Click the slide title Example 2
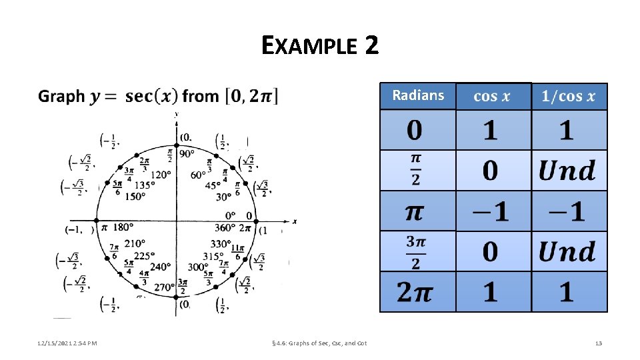pos(320,45)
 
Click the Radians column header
pos(418,95)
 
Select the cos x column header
pos(492,97)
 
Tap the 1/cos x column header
pos(569,97)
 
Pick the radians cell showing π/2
pos(415,170)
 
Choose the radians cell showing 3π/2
pos(415,251)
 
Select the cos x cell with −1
pos(492,211)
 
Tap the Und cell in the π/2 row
pos(567,171)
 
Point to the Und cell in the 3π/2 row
pos(567,252)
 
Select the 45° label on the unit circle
pos(213,185)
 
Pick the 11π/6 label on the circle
pos(237,251)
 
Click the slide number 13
pos(598,343)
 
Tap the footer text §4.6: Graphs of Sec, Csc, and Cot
pos(320,343)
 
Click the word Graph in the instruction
pos(61,97)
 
